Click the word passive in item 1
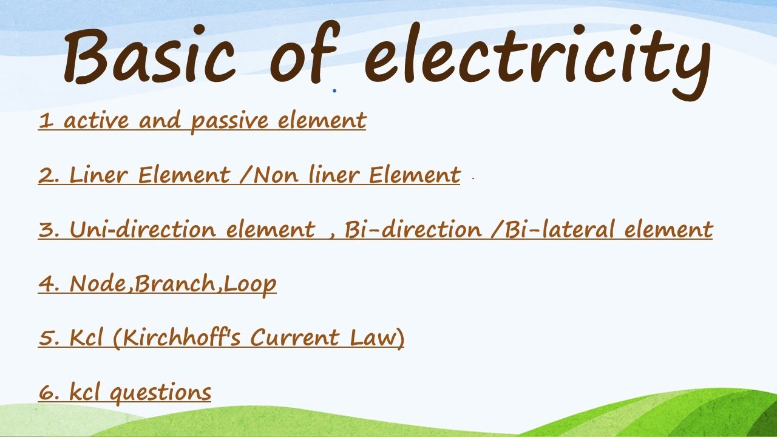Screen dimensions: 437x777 point(229,121)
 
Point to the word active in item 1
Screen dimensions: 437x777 point(97,120)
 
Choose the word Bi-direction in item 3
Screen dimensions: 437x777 point(413,229)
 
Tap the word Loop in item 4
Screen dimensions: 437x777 point(250,284)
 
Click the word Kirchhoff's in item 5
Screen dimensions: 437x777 point(183,337)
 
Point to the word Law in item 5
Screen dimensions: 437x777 point(376,337)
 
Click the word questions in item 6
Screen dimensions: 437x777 point(160,393)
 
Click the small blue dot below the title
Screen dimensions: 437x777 point(334,91)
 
